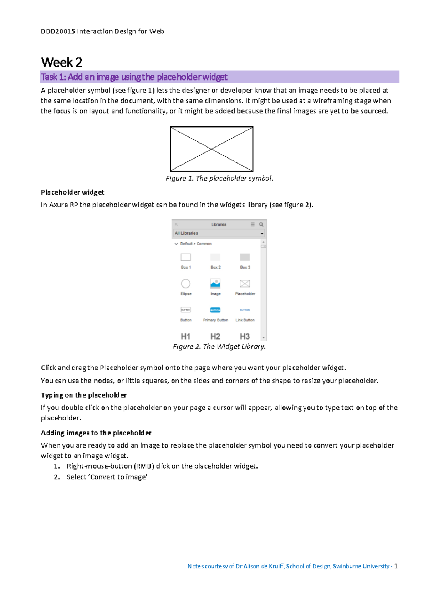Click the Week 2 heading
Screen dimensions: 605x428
click(x=62, y=62)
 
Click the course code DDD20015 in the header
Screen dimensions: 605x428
click(x=58, y=31)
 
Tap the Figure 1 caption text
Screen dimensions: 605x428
click(x=219, y=178)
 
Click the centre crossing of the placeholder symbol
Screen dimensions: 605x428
click(x=212, y=149)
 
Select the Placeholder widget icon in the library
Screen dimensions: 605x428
click(x=245, y=284)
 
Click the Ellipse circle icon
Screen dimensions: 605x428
click(x=185, y=284)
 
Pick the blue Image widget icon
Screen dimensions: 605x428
click(x=215, y=284)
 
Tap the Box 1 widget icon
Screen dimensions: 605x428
click(x=185, y=257)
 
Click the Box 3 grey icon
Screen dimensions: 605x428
click(x=245, y=257)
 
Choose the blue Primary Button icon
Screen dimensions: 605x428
click(x=215, y=310)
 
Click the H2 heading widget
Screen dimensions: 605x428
click(x=215, y=336)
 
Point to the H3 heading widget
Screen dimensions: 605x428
click(x=245, y=336)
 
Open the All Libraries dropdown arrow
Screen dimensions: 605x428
click(x=262, y=233)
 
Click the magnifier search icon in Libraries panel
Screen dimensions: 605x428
click(x=261, y=224)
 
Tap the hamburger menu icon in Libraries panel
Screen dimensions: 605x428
click(x=253, y=224)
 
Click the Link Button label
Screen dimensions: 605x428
click(x=245, y=320)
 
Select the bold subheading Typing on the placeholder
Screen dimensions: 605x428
click(x=83, y=395)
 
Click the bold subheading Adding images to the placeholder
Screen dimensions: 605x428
click(x=96, y=433)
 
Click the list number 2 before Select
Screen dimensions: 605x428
click(x=56, y=477)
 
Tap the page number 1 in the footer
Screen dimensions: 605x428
click(x=396, y=566)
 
